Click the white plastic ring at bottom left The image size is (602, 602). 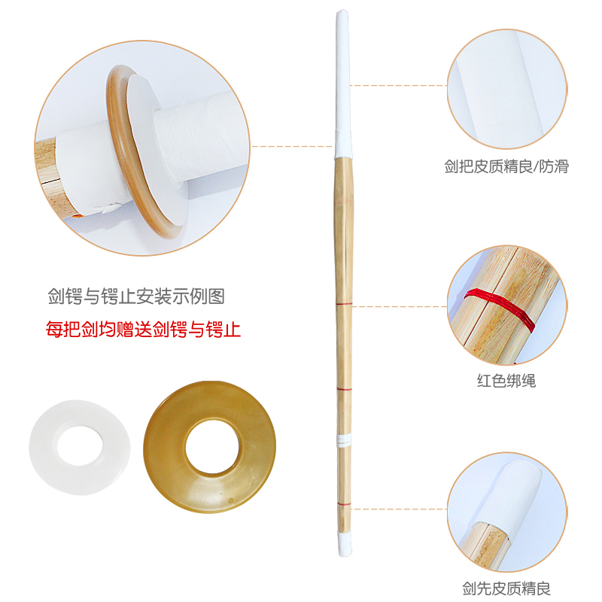pyautogui.click(x=43, y=447)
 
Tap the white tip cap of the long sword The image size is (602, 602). pyautogui.click(x=345, y=543)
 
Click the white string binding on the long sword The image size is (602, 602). pyautogui.click(x=344, y=441)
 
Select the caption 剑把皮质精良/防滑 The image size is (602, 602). pyautogui.click(x=506, y=166)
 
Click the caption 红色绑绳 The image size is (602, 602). pyautogui.click(x=506, y=381)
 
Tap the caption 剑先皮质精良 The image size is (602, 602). pyautogui.click(x=506, y=588)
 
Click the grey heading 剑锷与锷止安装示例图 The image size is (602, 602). pyautogui.click(x=136, y=296)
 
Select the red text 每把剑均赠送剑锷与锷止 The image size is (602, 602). pyautogui.click(x=143, y=330)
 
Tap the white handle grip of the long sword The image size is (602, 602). pyautogui.click(x=343, y=83)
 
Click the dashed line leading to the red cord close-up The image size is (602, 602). pyautogui.click(x=400, y=306)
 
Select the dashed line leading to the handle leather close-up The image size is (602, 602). pyautogui.click(x=399, y=85)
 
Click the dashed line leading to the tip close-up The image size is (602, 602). pyautogui.click(x=399, y=509)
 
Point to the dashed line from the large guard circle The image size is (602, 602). pyautogui.click(x=292, y=146)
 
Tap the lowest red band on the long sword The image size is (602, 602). pyautogui.click(x=345, y=503)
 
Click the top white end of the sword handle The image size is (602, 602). pyautogui.click(x=342, y=14)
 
